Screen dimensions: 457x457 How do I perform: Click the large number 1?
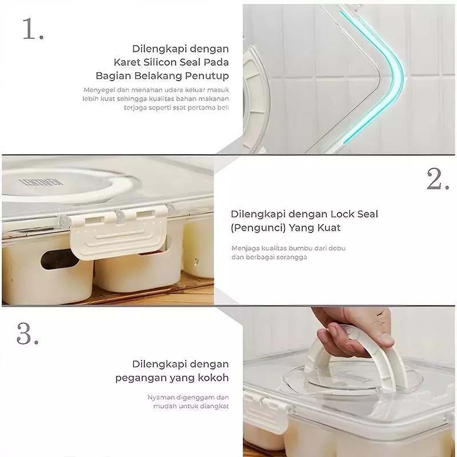33,29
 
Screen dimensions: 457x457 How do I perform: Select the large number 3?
27,334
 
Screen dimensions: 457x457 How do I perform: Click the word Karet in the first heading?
125,62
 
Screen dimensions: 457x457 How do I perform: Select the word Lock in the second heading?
341,214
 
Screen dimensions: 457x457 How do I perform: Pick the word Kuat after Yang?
330,227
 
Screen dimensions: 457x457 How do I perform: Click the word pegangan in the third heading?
140,378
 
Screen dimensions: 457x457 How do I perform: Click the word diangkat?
214,406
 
